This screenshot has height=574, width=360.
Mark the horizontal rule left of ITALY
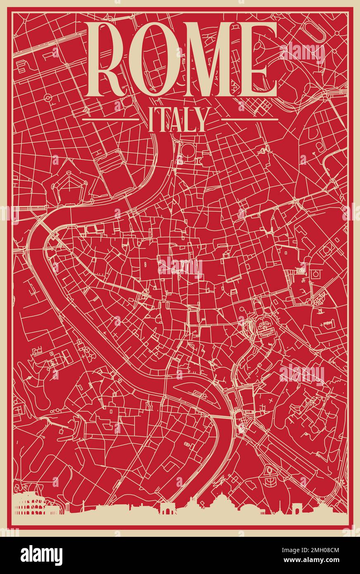(x=110, y=119)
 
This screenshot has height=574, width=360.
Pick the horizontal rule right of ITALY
(x=250, y=119)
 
